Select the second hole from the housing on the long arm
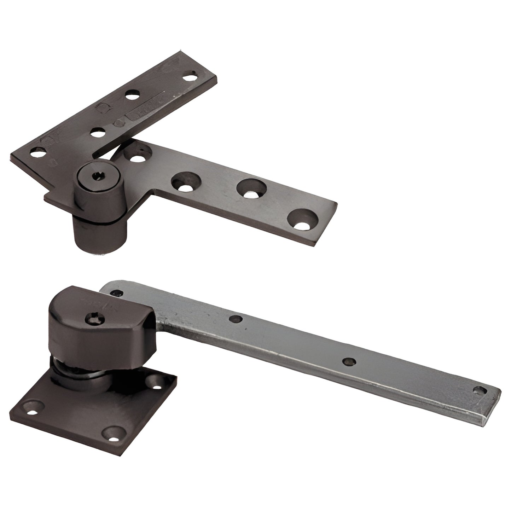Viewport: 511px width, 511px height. [x=235, y=319]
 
